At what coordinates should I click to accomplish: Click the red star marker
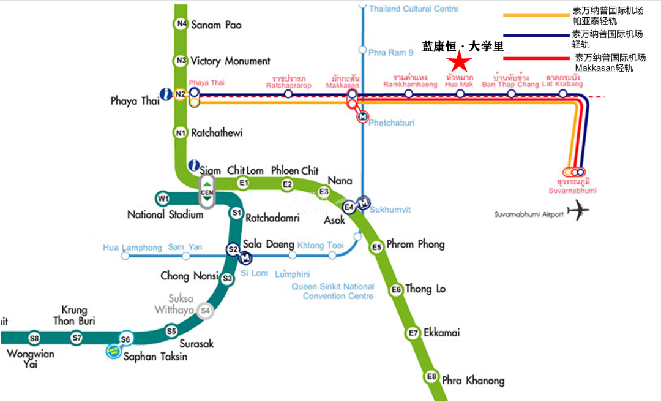point(459,61)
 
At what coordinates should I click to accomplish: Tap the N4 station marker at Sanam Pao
point(181,24)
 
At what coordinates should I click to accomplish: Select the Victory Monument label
point(230,61)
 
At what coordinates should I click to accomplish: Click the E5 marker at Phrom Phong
point(376,247)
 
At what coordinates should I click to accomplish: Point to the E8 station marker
point(432,376)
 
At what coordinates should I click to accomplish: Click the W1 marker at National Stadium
point(162,199)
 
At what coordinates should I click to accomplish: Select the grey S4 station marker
point(206,311)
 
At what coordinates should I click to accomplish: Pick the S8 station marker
point(34,338)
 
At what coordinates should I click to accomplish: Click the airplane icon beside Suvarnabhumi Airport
point(578,211)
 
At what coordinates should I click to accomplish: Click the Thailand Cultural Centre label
point(413,9)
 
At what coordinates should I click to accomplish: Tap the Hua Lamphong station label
point(133,248)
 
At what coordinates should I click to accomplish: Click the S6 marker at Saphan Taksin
point(126,339)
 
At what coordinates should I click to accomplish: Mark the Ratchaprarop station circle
point(288,94)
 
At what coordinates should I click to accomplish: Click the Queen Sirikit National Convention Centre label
point(338,291)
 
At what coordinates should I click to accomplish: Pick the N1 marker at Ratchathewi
point(180,132)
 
